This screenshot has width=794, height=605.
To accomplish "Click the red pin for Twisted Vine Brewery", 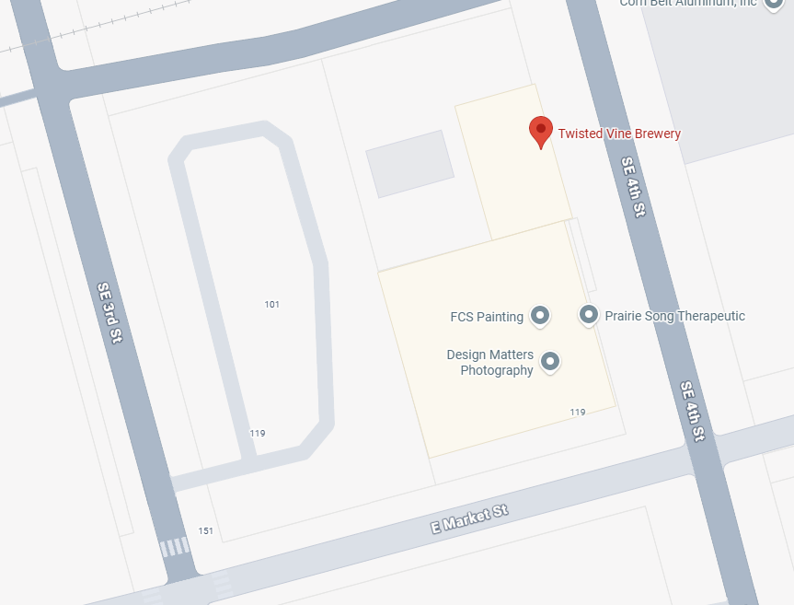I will (541, 132).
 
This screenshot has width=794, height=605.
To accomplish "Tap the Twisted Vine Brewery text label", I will (619, 134).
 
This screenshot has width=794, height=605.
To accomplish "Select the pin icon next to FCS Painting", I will (540, 317).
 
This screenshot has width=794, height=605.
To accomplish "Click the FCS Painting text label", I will (487, 317).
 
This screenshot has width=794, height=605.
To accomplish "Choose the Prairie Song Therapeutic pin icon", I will (589, 316).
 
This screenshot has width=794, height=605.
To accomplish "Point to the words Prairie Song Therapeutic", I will (674, 316).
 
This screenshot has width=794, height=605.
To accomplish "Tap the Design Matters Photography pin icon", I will (550, 362).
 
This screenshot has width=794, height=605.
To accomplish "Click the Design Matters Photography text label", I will (490, 363).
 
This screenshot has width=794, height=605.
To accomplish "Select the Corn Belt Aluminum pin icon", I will (775, 3).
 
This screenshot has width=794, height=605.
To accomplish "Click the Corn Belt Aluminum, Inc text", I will (687, 4).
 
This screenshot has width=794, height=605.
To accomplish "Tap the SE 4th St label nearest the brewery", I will (633, 187).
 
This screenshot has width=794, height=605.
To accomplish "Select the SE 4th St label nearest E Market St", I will (693, 410).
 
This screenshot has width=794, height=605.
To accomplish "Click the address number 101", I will (271, 304).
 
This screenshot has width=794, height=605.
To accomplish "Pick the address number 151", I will (205, 531).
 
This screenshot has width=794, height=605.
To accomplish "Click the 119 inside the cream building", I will (577, 412).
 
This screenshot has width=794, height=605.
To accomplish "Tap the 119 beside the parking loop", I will (258, 433).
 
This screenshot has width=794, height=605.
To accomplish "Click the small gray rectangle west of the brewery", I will (409, 164).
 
